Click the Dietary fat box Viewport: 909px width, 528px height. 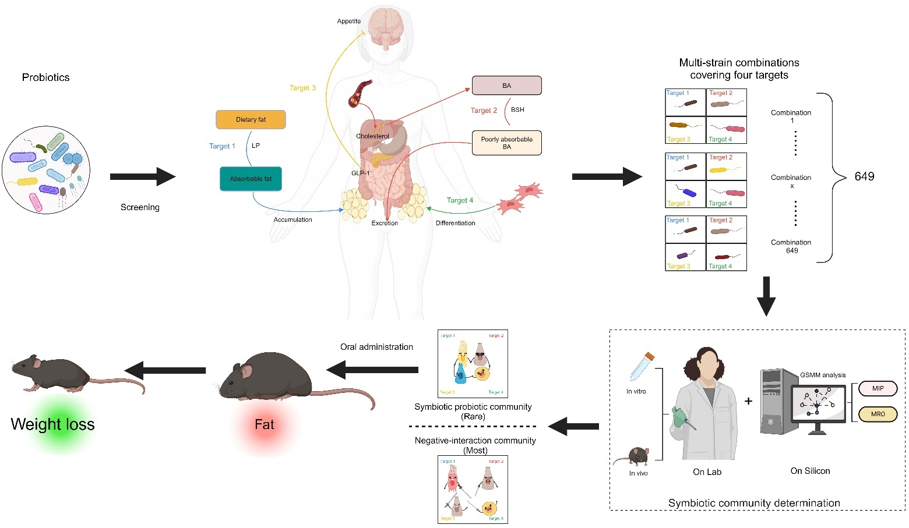pos(251,119)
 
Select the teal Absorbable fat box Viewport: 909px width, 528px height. pos(251,179)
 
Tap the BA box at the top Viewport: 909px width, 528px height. pos(506,86)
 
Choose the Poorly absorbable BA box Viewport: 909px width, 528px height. pos(506,143)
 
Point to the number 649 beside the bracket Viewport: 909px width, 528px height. pos(864,176)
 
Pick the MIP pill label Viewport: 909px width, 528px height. pos(878,388)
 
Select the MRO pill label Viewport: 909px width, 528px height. pos(878,414)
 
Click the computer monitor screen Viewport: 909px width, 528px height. pos(818,403)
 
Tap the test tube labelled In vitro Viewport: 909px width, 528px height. pos(642,367)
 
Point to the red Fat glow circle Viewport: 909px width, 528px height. pos(264,425)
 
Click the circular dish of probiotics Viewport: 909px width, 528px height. pos(46,170)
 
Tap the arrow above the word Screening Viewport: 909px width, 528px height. pos(142,177)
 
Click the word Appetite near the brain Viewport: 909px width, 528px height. pos(348,21)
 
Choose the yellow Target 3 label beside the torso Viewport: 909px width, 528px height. pos(302,88)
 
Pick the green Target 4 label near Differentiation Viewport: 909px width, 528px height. pos(460,200)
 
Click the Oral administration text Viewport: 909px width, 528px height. pos(376,347)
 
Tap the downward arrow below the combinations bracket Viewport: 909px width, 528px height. pos(766,296)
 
